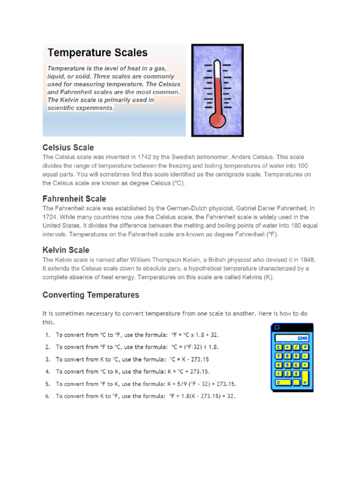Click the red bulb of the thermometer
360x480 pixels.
pyautogui.click(x=217, y=120)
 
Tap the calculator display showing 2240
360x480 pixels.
pyautogui.click(x=292, y=338)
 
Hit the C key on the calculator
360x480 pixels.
pyautogui.click(x=278, y=347)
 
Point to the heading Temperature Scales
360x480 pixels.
pyautogui.click(x=97, y=52)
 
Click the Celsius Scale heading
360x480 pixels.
pyautogui.click(x=68, y=147)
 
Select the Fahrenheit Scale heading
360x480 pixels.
pyautogui.click(x=74, y=199)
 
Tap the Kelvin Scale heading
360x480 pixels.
pyautogui.click(x=66, y=250)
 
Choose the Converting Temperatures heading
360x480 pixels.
pyautogui.click(x=90, y=295)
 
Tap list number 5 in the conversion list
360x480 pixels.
pyautogui.click(x=47, y=383)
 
